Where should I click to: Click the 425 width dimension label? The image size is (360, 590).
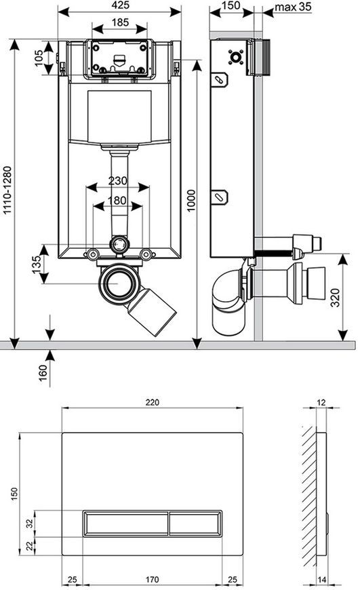pos(121,5)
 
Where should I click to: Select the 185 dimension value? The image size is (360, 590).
pos(121,22)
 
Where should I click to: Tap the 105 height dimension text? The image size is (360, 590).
pos(39,58)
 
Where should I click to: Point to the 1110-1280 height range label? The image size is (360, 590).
pos(7,191)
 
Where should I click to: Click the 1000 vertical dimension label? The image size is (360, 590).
pos(191,201)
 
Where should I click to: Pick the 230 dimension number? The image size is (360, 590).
pos(118,181)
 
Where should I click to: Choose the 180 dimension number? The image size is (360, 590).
pos(117,201)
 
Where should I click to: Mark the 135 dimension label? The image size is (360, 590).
pos(37,264)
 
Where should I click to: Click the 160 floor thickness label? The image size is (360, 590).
pos(43,373)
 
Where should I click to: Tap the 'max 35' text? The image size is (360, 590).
pos(293,7)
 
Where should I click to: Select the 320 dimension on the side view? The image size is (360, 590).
pos(335,297)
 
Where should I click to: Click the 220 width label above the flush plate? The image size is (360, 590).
pos(153,402)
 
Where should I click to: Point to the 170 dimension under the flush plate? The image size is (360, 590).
pos(152,579)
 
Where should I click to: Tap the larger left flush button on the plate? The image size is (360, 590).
pos(125,523)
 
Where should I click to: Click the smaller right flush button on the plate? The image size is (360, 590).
pos(195,523)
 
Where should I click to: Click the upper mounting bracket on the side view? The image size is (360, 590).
pos(219,80)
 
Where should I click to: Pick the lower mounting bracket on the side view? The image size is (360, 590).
pos(219,197)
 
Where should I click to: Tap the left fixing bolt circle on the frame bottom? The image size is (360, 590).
pos(92,254)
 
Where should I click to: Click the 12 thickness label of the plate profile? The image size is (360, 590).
pos(321,402)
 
